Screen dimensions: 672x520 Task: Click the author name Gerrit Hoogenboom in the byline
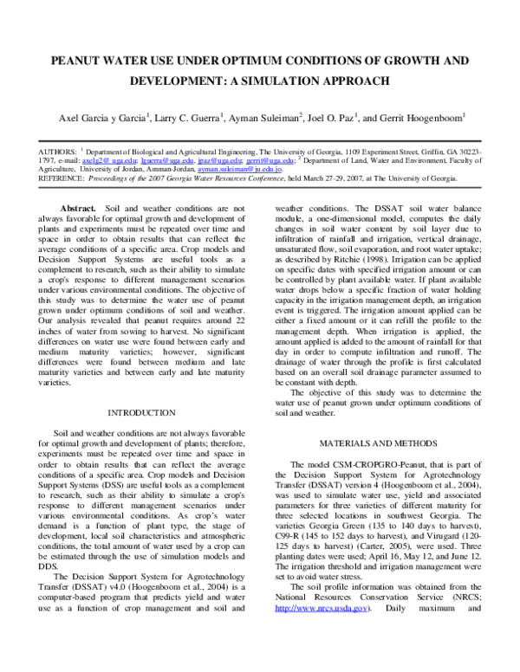click(419, 117)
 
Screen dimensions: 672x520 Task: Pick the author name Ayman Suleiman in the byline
click(265, 117)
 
